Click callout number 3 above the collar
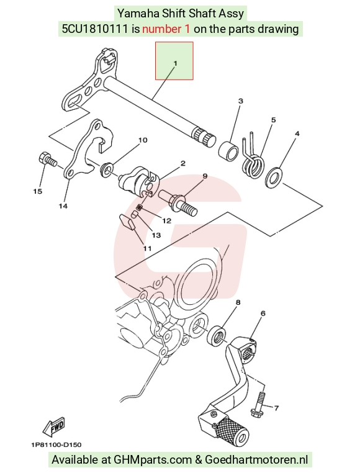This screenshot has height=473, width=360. coord(240,101)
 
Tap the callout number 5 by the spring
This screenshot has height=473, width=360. coord(273,120)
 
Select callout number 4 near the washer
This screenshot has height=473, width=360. coord(297,133)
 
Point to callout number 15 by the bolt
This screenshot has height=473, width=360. coord(38,191)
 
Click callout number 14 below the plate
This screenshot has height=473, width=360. coord(63,206)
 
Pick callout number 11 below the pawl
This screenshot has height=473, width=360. coord(147,248)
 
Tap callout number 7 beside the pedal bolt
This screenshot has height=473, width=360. coord(276,408)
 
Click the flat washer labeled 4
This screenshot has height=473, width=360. coord(274,177)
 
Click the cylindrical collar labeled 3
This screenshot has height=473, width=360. coord(228,150)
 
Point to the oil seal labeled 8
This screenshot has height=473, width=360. coord(217,336)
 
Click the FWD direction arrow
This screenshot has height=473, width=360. coord(54,428)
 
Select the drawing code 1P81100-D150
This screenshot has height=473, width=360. coord(56,444)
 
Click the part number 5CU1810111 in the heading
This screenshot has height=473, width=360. coord(95,29)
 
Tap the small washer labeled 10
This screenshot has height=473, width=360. coord(107,171)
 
